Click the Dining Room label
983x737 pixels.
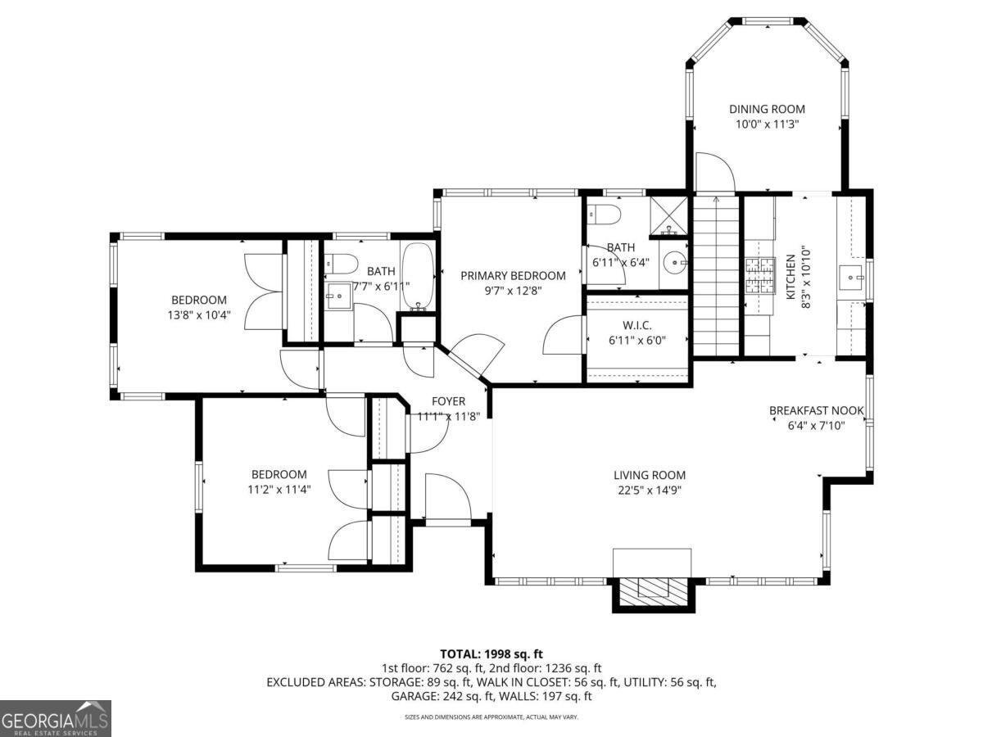(767, 109)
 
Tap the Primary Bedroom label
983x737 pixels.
(514, 276)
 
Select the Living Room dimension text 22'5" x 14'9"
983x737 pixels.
(650, 491)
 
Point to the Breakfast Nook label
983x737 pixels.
(817, 410)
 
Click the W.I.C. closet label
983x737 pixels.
(636, 325)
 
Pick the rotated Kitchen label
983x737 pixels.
(790, 277)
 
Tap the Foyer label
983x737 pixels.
(448, 401)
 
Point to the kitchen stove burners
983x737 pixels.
(760, 276)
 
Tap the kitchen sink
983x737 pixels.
(851, 278)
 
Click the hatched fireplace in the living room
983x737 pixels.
(654, 594)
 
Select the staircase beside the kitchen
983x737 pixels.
(716, 276)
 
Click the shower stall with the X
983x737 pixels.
(668, 215)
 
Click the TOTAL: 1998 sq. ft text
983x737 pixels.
(491, 654)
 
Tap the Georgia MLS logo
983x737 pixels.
(56, 718)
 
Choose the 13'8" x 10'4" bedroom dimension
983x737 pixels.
(199, 315)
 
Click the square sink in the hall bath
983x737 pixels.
(339, 296)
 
